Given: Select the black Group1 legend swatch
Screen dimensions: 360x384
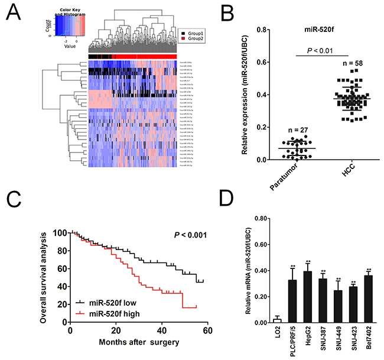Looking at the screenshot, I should coord(184,28).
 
